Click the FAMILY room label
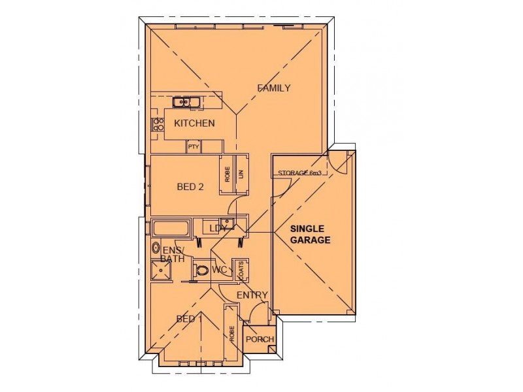[273, 88]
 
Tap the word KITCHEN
[194, 123]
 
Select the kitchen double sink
[186, 102]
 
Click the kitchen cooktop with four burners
[157, 124]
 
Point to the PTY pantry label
[193, 147]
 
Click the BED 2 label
[190, 186]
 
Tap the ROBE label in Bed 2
[228, 174]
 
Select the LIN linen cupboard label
[241, 174]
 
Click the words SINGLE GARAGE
[311, 235]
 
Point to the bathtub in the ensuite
[171, 229]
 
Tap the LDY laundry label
[218, 228]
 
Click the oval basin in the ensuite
[156, 248]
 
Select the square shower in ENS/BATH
[160, 270]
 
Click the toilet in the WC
[201, 269]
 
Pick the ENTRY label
[252, 295]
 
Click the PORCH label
[259, 339]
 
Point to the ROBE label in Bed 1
[231, 335]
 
